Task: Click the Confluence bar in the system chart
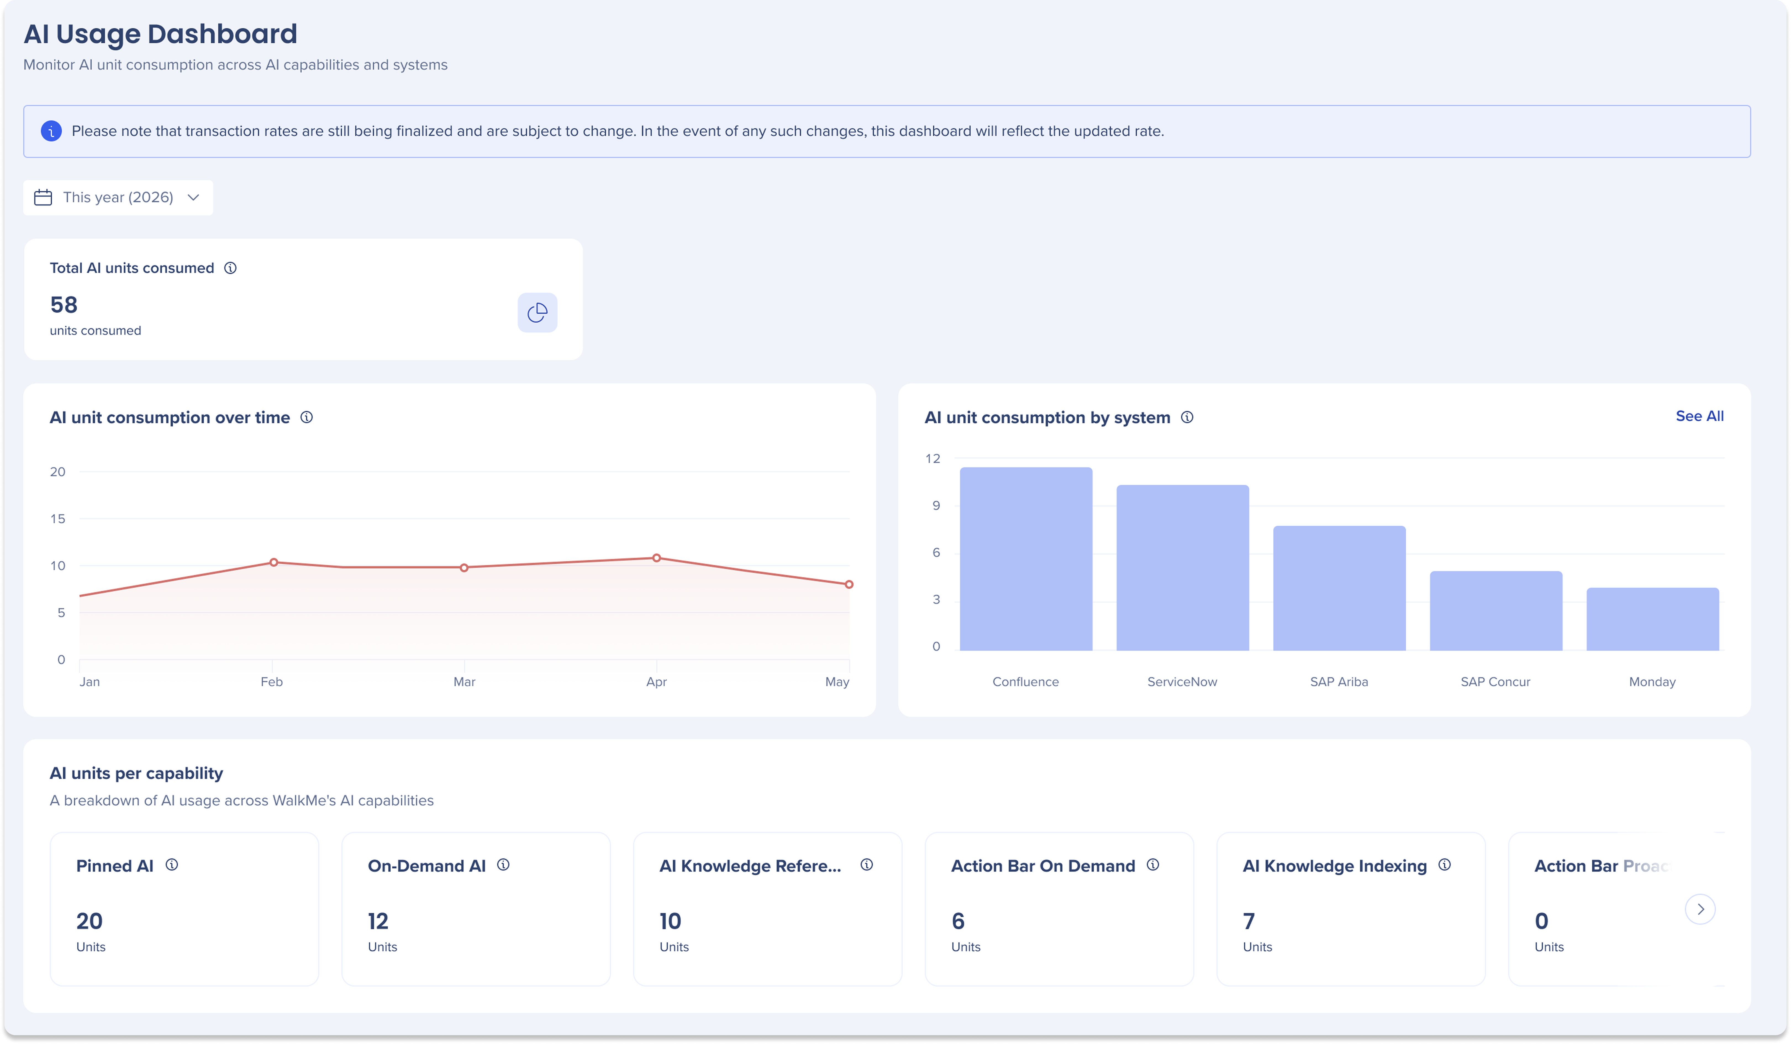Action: (1026, 559)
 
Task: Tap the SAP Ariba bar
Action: (1339, 588)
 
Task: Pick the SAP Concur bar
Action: (1496, 610)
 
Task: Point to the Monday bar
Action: (1652, 619)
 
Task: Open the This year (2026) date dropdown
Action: (118, 197)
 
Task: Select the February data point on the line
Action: (274, 562)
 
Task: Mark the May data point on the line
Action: (849, 584)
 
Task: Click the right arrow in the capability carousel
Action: (1700, 909)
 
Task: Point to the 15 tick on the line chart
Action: (57, 519)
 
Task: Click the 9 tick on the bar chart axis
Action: (936, 505)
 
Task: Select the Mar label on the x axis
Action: (464, 682)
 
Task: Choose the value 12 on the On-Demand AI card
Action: (378, 921)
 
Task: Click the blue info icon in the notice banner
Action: (51, 131)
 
